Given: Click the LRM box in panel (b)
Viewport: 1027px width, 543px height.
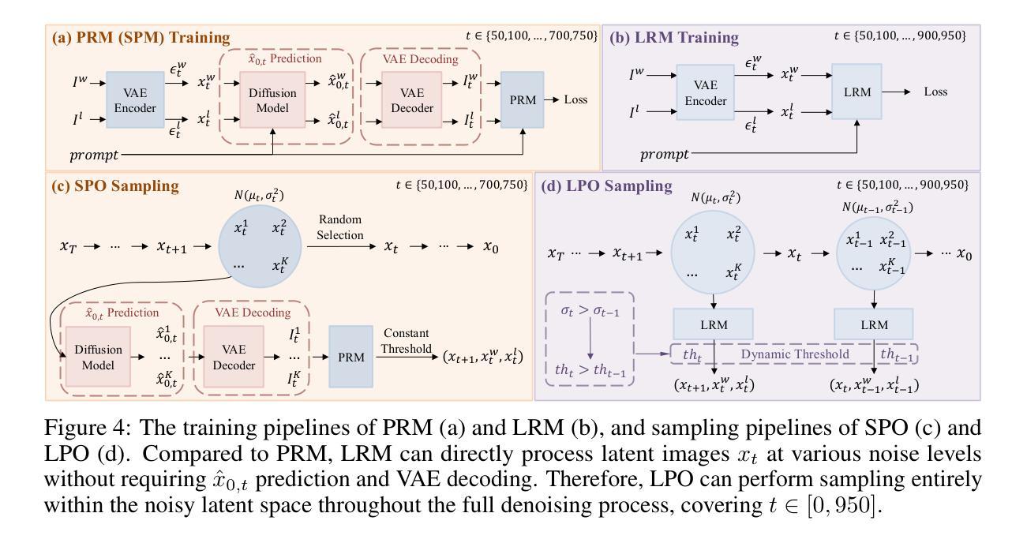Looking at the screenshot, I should point(856,92).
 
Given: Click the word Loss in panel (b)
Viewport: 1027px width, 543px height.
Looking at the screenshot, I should point(935,92).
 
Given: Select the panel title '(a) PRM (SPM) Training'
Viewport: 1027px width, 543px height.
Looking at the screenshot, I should point(141,37).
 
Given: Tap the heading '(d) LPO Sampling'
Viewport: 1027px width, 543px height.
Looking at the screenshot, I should point(606,186).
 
